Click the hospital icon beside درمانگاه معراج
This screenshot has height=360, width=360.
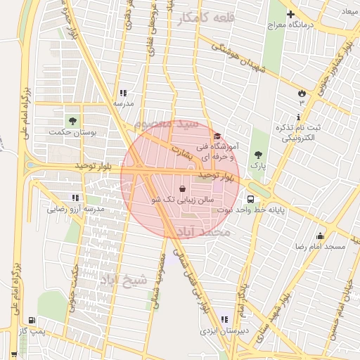(x=290, y=13)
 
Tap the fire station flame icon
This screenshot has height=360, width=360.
(x=302, y=92)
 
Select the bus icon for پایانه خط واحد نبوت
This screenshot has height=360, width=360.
(x=252, y=199)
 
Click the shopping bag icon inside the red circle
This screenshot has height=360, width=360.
(x=184, y=189)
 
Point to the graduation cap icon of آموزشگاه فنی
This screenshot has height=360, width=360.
(x=217, y=136)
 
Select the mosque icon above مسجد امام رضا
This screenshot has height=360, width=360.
(x=321, y=236)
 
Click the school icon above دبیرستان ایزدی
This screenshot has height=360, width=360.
(x=224, y=320)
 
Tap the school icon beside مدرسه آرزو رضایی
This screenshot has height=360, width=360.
(x=75, y=198)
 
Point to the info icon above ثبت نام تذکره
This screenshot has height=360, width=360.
(x=300, y=116)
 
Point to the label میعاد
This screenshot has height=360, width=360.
(x=349, y=12)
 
